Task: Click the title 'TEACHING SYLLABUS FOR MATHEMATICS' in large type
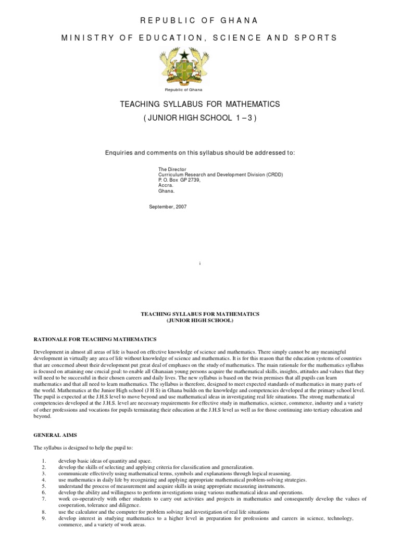[x=200, y=105]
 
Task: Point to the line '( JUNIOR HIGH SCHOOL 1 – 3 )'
[x=200, y=119]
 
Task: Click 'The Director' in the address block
[x=172, y=170]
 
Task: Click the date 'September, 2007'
[x=168, y=207]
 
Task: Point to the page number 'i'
[x=200, y=264]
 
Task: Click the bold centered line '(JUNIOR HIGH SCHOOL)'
[x=200, y=321]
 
